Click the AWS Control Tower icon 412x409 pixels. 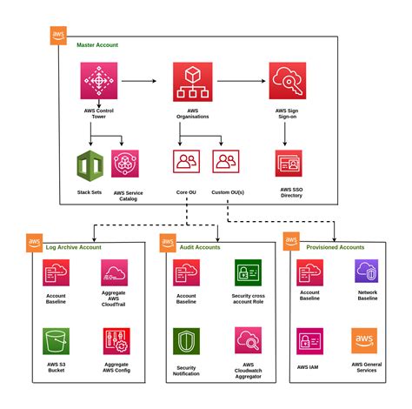point(97,82)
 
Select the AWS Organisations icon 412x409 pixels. point(192,82)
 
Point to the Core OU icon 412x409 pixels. point(187,161)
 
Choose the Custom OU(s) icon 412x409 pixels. point(226,161)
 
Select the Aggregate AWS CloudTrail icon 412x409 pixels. point(115,273)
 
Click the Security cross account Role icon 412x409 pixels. point(249,273)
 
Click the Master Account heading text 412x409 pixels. point(97,44)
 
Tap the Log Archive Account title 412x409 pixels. point(73,248)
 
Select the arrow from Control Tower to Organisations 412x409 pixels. point(143,82)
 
